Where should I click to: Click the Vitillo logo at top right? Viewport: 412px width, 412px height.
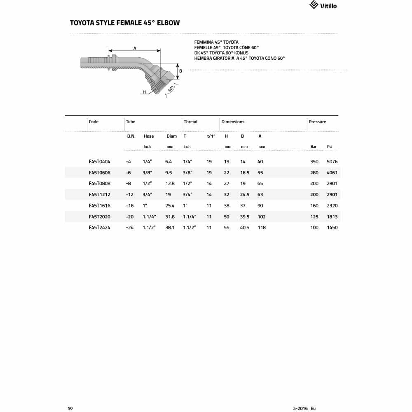click(x=323, y=5)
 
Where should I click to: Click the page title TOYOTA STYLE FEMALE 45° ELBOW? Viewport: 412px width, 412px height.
click(x=125, y=23)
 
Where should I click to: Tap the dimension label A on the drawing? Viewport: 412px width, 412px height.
click(x=135, y=49)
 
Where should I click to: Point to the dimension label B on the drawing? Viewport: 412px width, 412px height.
click(x=180, y=71)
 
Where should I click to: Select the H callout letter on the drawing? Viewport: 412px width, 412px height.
click(x=144, y=92)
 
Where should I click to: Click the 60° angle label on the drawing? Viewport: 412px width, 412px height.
click(x=171, y=89)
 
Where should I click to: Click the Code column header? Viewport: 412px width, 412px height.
click(x=94, y=122)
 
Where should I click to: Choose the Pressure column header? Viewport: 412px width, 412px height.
click(x=317, y=122)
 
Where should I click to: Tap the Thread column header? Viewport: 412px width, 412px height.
click(x=190, y=122)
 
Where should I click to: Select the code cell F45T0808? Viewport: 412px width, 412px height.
click(x=99, y=184)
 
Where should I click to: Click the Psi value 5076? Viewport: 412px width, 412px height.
click(x=332, y=162)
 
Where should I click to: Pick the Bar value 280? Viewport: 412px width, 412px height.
click(x=314, y=173)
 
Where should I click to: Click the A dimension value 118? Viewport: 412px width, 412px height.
click(x=262, y=228)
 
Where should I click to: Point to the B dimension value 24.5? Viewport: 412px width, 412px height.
click(x=245, y=195)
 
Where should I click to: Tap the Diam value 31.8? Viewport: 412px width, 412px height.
click(x=170, y=217)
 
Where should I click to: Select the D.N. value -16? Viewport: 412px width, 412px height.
click(x=130, y=206)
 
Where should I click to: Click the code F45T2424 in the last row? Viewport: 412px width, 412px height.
click(x=99, y=228)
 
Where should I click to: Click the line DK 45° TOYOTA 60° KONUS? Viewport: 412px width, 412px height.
click(x=221, y=53)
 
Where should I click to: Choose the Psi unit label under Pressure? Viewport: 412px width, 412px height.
click(x=329, y=147)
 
